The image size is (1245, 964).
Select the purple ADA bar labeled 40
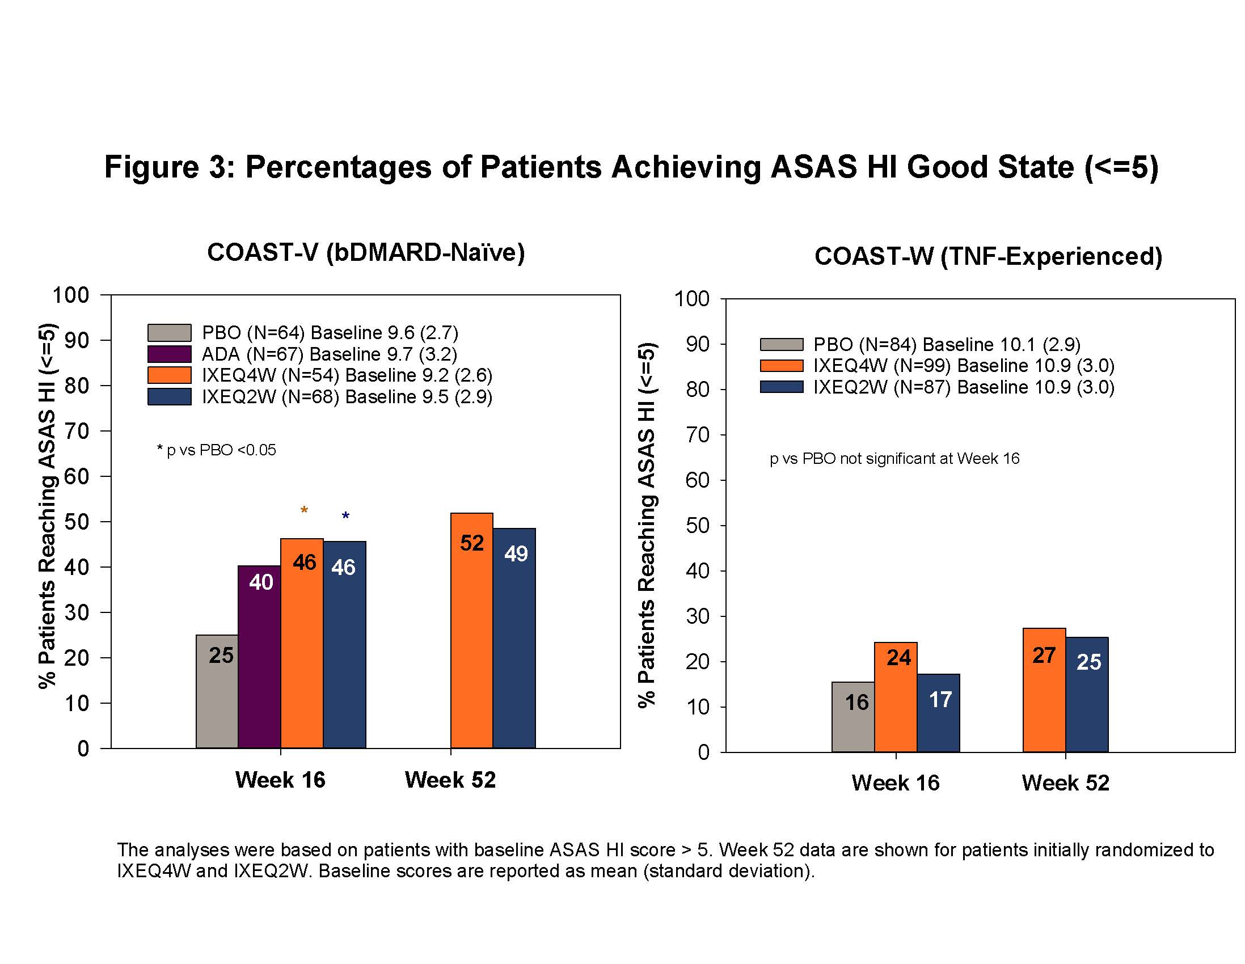(x=259, y=656)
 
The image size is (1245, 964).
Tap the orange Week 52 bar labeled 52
(x=471, y=630)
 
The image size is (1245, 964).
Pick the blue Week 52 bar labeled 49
(x=514, y=638)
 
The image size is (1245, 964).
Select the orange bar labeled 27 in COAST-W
(x=1044, y=690)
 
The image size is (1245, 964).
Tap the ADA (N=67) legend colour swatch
(x=169, y=354)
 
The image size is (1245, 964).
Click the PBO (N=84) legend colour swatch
(x=781, y=344)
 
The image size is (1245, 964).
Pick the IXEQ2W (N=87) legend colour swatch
(x=781, y=387)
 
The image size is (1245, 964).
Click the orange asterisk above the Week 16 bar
(x=305, y=510)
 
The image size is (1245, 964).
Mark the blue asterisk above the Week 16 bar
(x=345, y=517)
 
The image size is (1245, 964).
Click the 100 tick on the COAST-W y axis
(x=691, y=299)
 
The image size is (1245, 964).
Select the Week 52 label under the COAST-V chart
(x=450, y=779)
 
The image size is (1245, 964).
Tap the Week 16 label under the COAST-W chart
(x=895, y=783)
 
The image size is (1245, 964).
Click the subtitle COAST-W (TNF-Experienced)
(x=988, y=256)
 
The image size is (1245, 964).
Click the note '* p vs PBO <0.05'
(x=217, y=450)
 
